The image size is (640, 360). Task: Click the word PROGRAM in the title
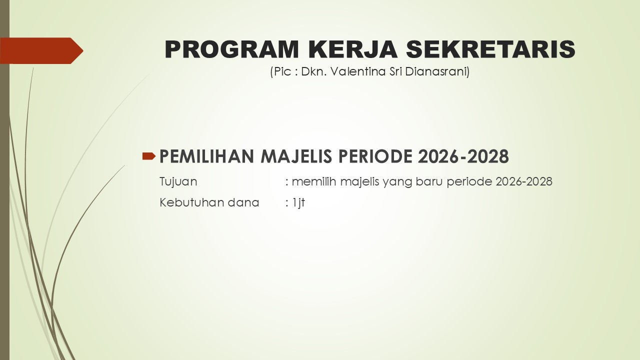click(x=231, y=49)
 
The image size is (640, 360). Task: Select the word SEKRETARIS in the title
click(x=490, y=49)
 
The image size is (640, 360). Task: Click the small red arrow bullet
click(x=149, y=156)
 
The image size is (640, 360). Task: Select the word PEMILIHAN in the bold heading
click(x=206, y=156)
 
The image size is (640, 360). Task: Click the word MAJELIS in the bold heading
click(x=296, y=156)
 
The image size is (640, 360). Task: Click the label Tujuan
click(x=178, y=182)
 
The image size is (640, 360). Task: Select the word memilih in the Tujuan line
click(x=313, y=181)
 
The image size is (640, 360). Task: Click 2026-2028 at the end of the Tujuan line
click(x=524, y=181)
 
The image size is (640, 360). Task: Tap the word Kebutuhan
click(x=191, y=202)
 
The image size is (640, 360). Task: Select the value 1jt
click(x=298, y=203)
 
